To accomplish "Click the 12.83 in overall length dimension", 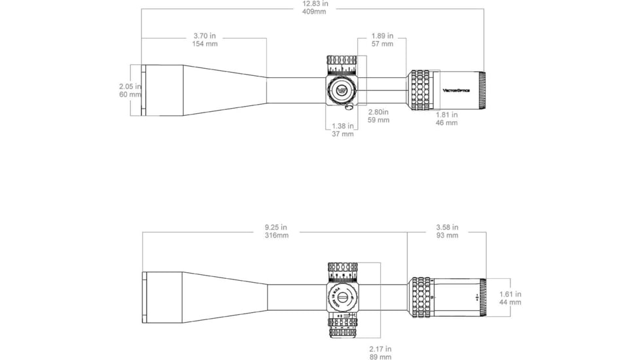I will pos(315,7).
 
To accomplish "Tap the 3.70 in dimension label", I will pos(205,39).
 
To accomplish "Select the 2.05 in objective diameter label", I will pos(130,90).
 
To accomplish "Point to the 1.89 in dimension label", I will pos(382,39).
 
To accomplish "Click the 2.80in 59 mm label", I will pos(379,116).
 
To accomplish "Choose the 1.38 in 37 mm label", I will pos(343,130).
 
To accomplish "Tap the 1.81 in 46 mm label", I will pos(447,118).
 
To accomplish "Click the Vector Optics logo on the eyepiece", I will pos(457,89).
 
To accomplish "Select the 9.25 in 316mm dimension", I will pos(276,231).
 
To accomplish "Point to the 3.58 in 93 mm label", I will pos(447,231).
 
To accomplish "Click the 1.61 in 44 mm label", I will pos(510,298).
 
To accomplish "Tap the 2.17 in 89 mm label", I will pos(380,352).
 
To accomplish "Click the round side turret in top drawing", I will pos(342,90).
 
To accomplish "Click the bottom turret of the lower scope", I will pos(342,327).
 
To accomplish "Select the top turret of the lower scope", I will pos(342,270).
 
